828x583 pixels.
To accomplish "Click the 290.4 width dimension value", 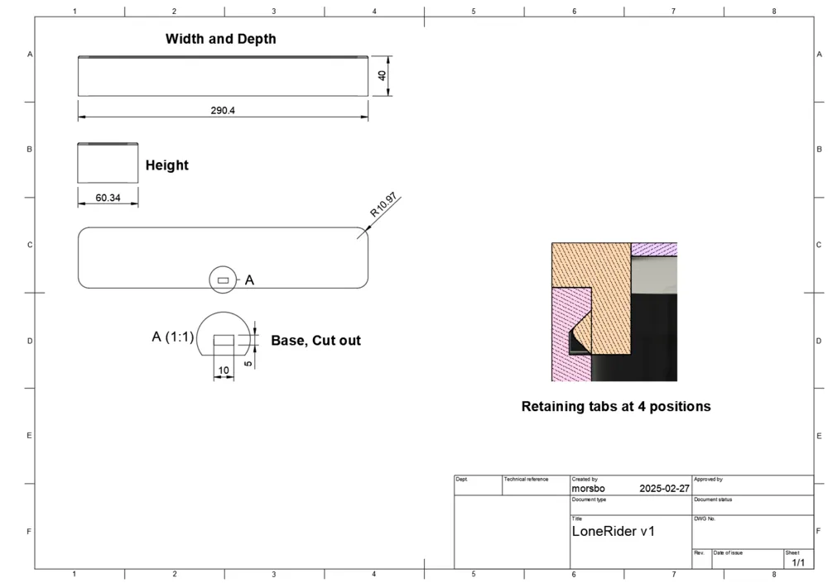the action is point(223,110).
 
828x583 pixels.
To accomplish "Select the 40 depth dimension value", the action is point(382,75).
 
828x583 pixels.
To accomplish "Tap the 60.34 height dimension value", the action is point(108,198).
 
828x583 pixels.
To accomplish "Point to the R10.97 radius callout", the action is point(383,205).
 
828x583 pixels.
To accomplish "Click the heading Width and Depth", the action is point(221,39).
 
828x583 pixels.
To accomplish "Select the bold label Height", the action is point(167,165).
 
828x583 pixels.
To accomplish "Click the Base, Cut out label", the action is point(315,341).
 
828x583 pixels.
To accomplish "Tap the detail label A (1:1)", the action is point(173,337).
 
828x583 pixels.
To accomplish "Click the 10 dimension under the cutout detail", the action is point(224,370).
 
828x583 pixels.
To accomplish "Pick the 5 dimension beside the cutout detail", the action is point(248,364).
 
